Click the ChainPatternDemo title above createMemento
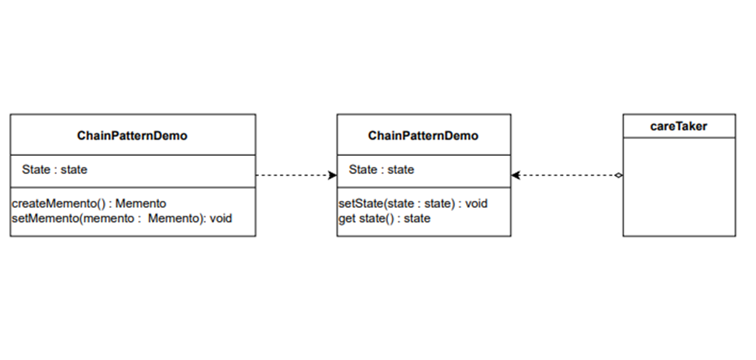coord(132,135)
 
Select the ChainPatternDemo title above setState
coord(423,135)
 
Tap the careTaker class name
coord(678,126)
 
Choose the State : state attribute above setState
coord(381,169)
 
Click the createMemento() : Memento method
coord(89,203)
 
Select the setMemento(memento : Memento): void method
coord(122,219)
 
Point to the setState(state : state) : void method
coord(413,203)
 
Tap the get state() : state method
coord(385,219)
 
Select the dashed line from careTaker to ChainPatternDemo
coord(566,175)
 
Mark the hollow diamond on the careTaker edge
coord(618,175)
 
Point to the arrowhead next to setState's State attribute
coord(332,175)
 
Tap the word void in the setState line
coord(475,203)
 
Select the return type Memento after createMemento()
coord(140,203)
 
